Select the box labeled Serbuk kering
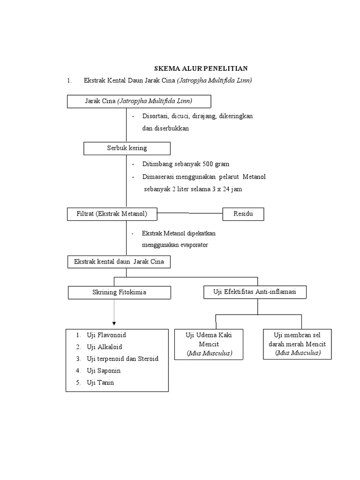[x=127, y=148]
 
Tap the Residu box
[x=243, y=214]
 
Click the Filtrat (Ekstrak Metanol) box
[x=112, y=214]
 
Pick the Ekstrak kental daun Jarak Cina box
[x=119, y=262]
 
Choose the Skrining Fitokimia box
[x=119, y=292]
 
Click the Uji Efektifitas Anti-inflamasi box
[x=255, y=292]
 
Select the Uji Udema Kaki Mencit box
[x=209, y=344]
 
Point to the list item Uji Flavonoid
[x=106, y=335]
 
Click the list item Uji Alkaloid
[x=104, y=347]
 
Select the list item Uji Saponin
[x=103, y=370]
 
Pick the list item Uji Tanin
[x=100, y=382]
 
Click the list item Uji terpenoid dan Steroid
[x=122, y=359]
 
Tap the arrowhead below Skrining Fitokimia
[x=114, y=323]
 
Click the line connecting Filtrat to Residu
[x=189, y=213]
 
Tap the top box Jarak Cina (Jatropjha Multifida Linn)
[x=139, y=101]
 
